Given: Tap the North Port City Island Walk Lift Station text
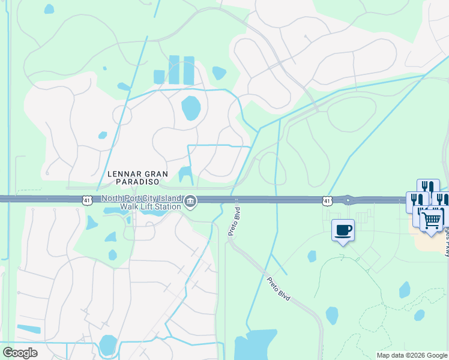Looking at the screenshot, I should coord(141,203).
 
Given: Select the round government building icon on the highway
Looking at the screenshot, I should coord(190,202).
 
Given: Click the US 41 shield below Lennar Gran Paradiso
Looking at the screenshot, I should coord(87,200).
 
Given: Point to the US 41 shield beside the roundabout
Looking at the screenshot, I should coord(326,200).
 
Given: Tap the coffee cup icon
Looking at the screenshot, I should coord(343,230).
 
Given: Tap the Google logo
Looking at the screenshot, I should coord(20,352).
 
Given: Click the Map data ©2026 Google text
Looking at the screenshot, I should coord(411,355).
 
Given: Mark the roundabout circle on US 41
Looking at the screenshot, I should coord(348,200).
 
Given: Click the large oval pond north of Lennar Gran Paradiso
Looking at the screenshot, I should coord(191,108).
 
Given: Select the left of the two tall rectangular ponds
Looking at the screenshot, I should coord(174,70).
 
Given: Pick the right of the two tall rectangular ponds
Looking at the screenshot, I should coord(188,70).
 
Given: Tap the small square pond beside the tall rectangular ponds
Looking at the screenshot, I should coord(159,77).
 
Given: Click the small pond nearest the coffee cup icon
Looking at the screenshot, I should coord(312,256).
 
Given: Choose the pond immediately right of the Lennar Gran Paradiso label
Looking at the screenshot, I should coord(185,175).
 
